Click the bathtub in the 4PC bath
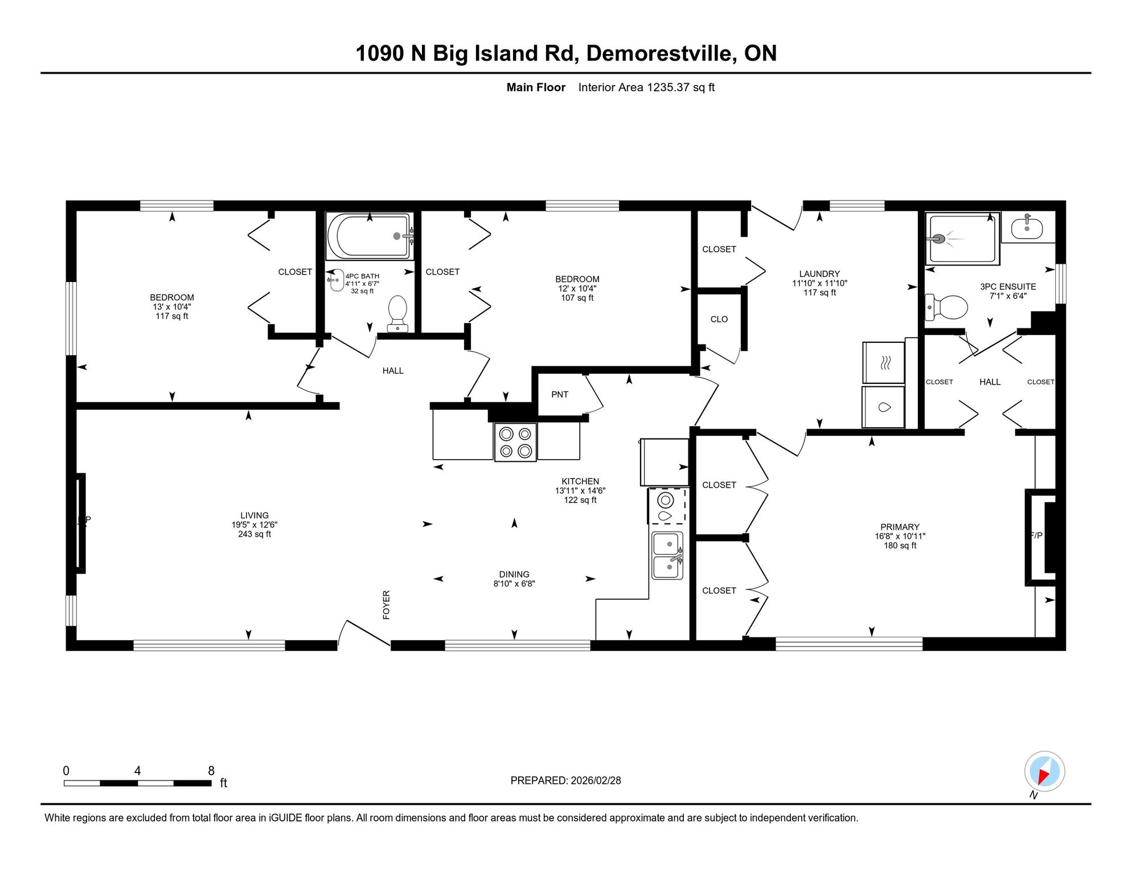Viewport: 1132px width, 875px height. coord(370,236)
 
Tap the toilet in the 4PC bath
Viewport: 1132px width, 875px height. coord(397,313)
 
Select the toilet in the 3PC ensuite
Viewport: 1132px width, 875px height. coord(946,307)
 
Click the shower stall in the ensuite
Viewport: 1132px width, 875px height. coord(962,239)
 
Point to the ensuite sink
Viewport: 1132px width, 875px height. coord(1027,228)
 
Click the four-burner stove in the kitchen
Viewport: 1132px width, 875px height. coord(515,442)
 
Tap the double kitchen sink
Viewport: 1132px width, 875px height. coord(667,555)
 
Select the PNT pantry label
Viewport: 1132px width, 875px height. coord(560,394)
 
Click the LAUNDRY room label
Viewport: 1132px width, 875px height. coord(819,274)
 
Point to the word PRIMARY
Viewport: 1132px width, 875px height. coord(900,527)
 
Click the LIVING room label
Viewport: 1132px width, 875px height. coord(255,516)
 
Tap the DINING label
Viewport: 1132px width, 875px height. coord(514,574)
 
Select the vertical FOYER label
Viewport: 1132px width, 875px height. coord(386,605)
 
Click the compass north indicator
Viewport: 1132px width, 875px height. coord(1045,772)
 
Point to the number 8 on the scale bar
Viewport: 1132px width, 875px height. coord(211,771)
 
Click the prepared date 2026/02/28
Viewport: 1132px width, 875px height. coord(596,780)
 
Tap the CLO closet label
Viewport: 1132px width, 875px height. coord(719,320)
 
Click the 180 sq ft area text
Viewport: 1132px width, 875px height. coord(900,546)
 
